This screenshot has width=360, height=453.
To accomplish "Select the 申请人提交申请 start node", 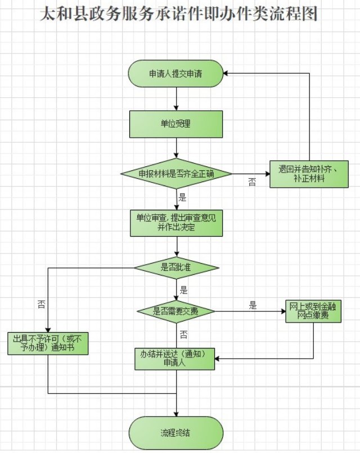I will (x=176, y=74).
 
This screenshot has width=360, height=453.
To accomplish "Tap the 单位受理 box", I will (x=176, y=124).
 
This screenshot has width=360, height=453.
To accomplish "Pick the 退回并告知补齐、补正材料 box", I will (x=307, y=173).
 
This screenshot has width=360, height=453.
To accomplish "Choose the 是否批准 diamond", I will (x=176, y=268).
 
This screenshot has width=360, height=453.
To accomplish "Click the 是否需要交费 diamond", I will (x=176, y=311).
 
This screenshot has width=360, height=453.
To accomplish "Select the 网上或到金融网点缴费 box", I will (x=313, y=311).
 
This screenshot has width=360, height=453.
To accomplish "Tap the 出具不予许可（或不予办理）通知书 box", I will (x=48, y=343).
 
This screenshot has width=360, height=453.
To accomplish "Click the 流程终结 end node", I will (x=176, y=433).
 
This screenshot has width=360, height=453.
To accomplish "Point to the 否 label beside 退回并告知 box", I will (x=251, y=182).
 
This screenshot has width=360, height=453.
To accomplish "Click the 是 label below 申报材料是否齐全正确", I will (x=182, y=197).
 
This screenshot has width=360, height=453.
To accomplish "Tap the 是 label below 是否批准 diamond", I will (x=183, y=291).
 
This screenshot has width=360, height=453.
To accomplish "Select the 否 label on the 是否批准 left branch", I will (x=42, y=304).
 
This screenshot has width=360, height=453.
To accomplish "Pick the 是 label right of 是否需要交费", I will (x=253, y=306).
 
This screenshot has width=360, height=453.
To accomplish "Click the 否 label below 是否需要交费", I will (x=183, y=335).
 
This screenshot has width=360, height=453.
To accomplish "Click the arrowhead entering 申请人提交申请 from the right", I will (x=226, y=74).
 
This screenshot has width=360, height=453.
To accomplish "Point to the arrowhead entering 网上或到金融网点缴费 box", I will (x=282, y=311).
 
